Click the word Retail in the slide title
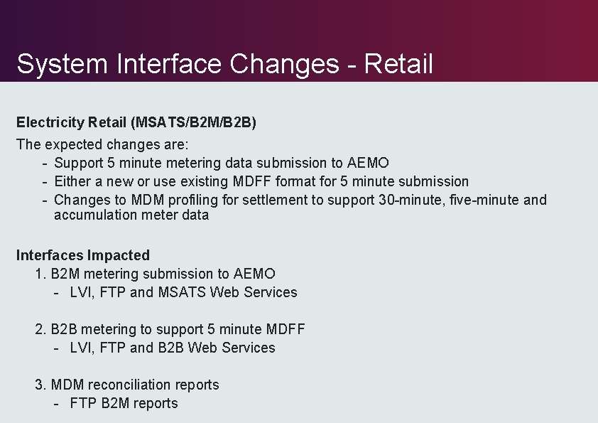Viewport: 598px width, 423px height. coord(398,64)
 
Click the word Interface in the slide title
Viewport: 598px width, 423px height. coord(168,64)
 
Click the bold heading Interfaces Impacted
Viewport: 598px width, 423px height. coord(83,255)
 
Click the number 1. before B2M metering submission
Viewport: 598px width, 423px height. coord(40,274)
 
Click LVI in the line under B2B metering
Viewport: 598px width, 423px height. coord(81,348)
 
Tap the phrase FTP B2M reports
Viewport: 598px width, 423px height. coord(124,403)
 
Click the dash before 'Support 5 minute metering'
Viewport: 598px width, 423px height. coord(45,163)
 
